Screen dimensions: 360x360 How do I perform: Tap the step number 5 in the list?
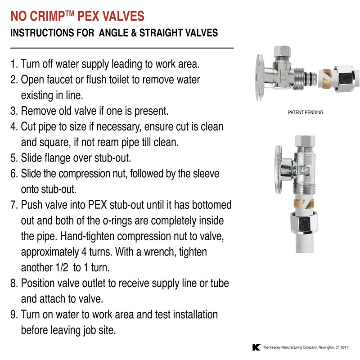(x=13, y=158)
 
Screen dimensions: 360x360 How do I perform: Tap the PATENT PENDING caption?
(x=305, y=112)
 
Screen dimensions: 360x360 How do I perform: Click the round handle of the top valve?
(x=260, y=72)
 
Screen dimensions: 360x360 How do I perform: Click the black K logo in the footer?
(x=256, y=347)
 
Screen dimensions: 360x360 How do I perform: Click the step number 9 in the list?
(x=13, y=314)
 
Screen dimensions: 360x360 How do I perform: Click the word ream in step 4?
(x=99, y=143)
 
